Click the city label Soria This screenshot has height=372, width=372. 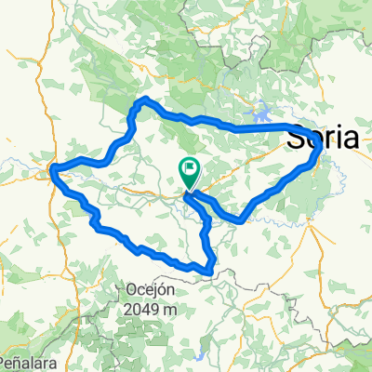(322, 139)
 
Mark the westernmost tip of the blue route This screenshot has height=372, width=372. (52, 169)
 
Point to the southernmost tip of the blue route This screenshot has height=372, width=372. (213, 272)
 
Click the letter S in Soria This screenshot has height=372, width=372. (294, 139)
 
